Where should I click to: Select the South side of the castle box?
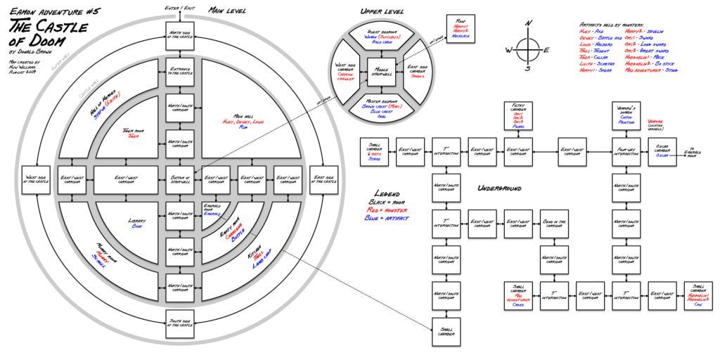tap(179, 323)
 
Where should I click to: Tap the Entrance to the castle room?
tap(179, 72)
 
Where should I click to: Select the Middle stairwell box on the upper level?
tap(381, 72)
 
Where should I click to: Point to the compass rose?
tap(527, 49)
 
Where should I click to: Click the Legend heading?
tap(387, 193)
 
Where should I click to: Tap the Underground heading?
tap(499, 188)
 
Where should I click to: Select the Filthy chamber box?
tap(518, 115)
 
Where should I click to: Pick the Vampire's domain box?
tap(626, 115)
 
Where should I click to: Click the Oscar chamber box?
tap(662, 152)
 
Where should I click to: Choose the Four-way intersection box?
tap(626, 152)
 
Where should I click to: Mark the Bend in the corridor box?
tap(555, 224)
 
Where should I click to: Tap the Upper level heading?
tap(382, 12)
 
